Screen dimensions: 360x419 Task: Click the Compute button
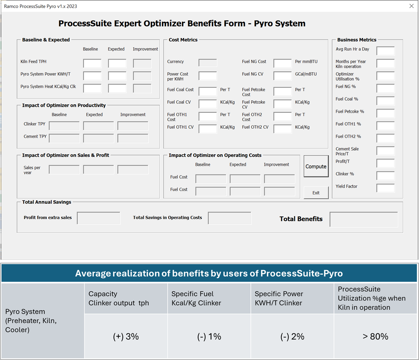coord(316,166)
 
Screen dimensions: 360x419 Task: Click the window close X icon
coord(412,6)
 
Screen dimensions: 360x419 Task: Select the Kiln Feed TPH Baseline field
coord(92,63)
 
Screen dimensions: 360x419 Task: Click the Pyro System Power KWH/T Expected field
coord(117,76)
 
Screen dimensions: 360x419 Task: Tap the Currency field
coord(208,62)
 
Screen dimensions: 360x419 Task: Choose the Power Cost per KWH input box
coord(208,76)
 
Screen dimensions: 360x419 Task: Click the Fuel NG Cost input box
coord(283,63)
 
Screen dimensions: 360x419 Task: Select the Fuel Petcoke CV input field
coord(283,104)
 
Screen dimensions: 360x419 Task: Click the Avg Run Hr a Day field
coord(385,51)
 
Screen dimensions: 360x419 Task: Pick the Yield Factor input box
coord(385,188)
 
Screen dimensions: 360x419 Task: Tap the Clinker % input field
coord(385,176)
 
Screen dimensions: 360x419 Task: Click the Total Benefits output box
coord(364,219)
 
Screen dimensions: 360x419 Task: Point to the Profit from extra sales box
coord(98,218)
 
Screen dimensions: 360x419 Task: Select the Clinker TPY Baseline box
coord(64,126)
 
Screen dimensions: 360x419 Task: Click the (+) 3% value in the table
coord(126,336)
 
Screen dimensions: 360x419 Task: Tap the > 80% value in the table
coord(375,336)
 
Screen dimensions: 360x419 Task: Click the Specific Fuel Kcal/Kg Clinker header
coord(196,298)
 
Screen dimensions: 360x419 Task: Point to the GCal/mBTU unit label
coord(306,74)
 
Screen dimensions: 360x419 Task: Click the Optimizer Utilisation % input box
coord(385,76)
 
